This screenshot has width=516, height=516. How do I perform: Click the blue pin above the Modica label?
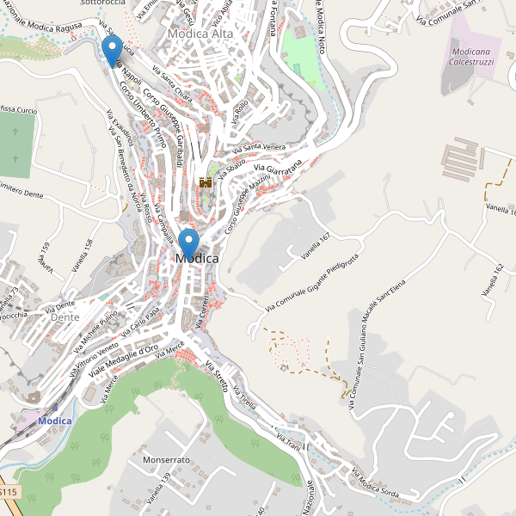(188, 243)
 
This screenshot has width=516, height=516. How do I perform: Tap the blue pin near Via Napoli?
(111, 49)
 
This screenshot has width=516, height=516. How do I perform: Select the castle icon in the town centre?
(206, 182)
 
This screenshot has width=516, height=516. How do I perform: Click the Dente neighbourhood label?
(65, 317)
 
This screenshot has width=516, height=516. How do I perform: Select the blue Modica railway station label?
(55, 421)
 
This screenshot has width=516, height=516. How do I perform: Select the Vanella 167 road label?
(316, 246)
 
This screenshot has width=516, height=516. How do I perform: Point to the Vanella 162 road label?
(494, 279)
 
